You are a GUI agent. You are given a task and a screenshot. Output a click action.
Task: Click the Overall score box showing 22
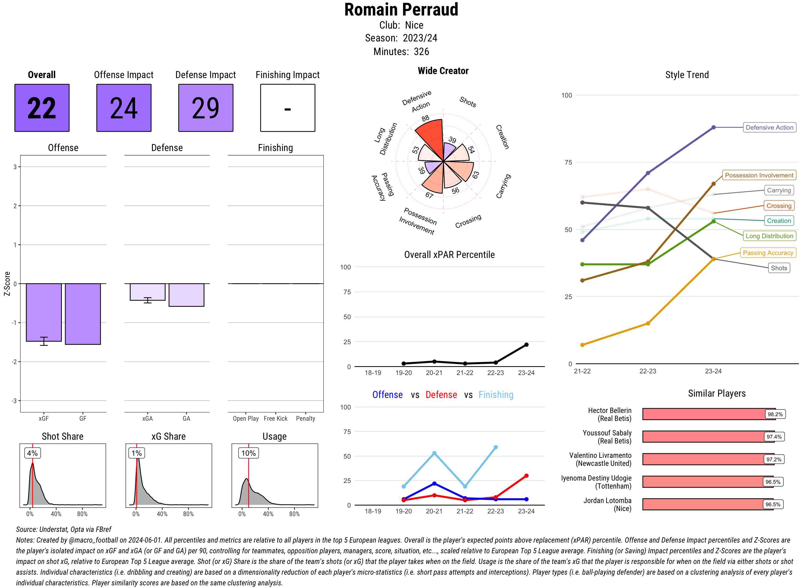point(42,108)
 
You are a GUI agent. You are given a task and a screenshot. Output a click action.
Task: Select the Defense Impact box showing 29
point(206,108)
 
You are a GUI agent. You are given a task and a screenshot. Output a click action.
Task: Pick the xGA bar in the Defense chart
point(147,292)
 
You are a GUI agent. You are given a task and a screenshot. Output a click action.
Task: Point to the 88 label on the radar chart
point(426,118)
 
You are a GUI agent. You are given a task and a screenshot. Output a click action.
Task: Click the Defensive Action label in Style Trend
point(769,127)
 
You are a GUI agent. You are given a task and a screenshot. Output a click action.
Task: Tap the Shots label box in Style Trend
point(778,268)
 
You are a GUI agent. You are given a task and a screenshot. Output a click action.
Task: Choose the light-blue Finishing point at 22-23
point(495,447)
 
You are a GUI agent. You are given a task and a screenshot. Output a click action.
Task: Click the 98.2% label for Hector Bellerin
point(775,414)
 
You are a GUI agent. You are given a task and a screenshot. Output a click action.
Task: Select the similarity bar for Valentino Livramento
point(707,459)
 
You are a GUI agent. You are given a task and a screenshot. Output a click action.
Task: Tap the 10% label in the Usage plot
point(248,453)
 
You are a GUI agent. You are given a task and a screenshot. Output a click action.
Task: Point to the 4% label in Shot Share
point(32,453)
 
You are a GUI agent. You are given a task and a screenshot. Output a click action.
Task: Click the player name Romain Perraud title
point(401,10)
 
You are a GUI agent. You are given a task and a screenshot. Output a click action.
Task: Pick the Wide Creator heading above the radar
point(443,71)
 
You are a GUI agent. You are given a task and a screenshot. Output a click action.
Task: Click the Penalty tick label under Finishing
point(305,419)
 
